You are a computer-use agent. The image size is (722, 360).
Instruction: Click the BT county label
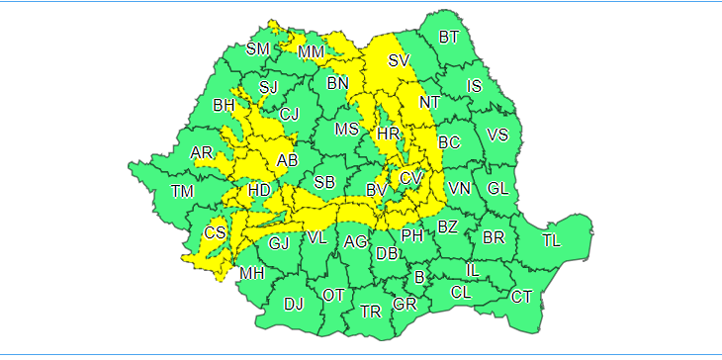(449, 38)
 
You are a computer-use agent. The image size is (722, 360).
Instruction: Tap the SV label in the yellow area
(399, 61)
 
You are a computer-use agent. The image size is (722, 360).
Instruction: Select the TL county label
(552, 240)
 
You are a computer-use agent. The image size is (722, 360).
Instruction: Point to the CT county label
(521, 296)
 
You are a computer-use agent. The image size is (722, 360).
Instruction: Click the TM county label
(182, 191)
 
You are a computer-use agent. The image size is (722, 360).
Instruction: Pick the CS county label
(215, 233)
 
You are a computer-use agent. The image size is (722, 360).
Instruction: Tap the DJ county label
(293, 304)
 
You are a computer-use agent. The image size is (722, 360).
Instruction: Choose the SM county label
(257, 49)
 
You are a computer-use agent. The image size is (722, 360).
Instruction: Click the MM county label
(312, 51)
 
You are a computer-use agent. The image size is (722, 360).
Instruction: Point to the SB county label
(324, 182)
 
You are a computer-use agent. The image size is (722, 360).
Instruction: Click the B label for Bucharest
(419, 277)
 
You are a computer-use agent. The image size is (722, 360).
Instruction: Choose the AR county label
(202, 152)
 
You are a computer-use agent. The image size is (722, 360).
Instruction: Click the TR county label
(371, 312)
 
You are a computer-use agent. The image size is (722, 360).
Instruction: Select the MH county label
(252, 273)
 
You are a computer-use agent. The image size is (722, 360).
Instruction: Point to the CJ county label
(289, 115)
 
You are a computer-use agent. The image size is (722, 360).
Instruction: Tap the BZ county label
(447, 227)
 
